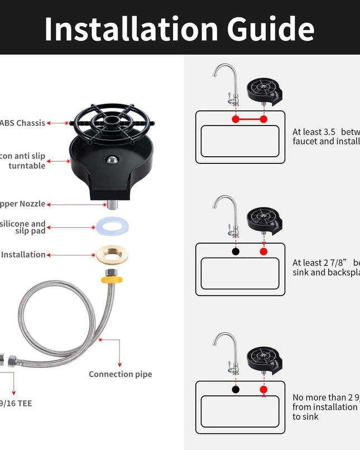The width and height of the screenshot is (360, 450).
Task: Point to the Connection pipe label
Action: coord(120,374)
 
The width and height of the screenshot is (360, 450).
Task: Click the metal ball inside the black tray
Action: coord(112,159)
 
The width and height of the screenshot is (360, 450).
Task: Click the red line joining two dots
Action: coord(249,119)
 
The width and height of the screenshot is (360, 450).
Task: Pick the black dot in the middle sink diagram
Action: coord(236,251)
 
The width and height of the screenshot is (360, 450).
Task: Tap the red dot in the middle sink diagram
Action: coord(263,251)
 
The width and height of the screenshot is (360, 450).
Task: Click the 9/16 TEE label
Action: coord(16,403)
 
